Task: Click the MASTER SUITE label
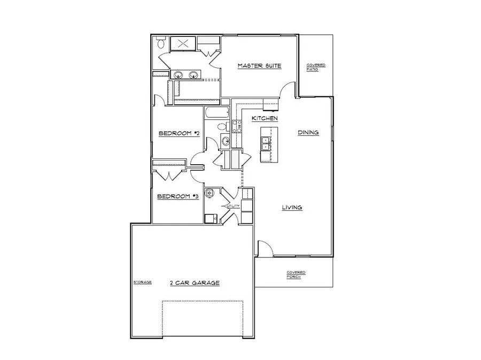click(x=259, y=66)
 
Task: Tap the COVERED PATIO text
click(x=315, y=67)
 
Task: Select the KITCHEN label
click(x=265, y=118)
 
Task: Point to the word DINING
click(x=308, y=133)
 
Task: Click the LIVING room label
click(x=292, y=208)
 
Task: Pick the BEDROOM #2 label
click(x=179, y=133)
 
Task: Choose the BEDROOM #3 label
click(x=178, y=196)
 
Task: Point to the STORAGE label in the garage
click(x=143, y=282)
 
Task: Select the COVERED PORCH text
click(x=296, y=274)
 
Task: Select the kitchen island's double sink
click(x=266, y=143)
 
